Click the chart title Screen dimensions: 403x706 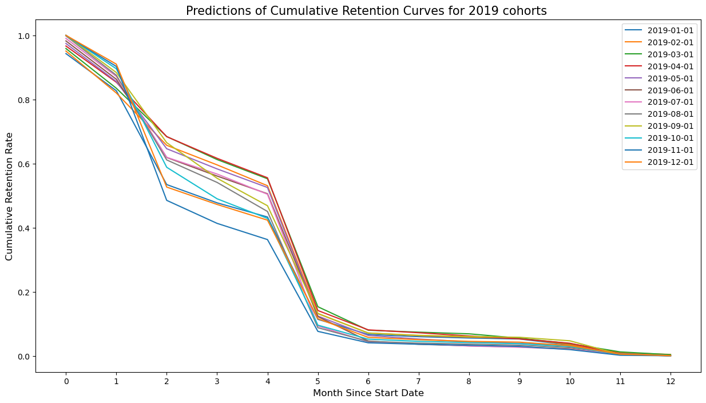367,10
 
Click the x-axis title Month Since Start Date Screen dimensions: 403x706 368,393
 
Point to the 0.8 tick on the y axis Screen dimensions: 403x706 25,100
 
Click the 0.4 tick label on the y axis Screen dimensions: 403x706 25,228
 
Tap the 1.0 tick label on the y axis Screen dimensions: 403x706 25,35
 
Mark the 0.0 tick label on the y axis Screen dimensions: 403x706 25,356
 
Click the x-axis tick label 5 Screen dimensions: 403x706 318,380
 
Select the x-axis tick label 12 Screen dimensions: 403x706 670,380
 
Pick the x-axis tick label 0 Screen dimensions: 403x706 66,380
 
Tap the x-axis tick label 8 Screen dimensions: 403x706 469,380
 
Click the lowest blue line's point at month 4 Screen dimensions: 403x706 267,239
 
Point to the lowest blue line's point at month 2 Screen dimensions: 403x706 166,200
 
